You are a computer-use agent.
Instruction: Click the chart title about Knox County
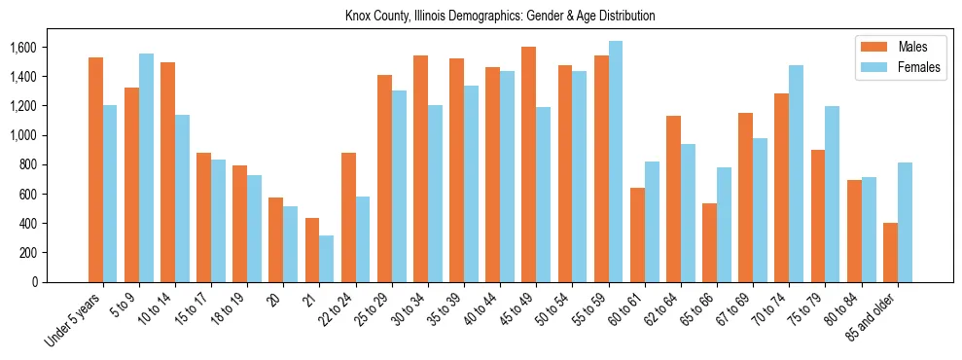(x=500, y=17)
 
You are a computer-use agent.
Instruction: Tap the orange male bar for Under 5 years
(x=95, y=169)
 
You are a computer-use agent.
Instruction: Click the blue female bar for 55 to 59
(x=616, y=162)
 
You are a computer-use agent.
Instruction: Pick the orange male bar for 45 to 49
(x=529, y=164)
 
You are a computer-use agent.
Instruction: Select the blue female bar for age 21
(x=327, y=259)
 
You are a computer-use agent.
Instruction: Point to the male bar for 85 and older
(x=890, y=252)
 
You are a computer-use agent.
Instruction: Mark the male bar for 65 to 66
(x=710, y=242)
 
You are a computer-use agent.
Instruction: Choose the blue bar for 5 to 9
(x=146, y=167)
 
